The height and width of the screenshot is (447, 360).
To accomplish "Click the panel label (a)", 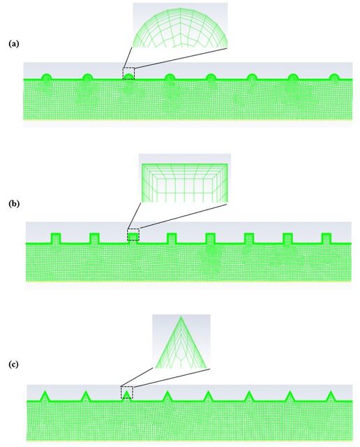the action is coord(14,43).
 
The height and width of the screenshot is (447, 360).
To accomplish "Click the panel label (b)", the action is coord(14,203).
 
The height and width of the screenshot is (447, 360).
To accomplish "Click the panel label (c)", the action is coord(13,364).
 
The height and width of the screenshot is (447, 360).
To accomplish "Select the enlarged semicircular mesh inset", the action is coord(180,25).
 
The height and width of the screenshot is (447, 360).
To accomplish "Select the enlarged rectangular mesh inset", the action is coord(185,179).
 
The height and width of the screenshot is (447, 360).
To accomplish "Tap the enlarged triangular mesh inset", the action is coord(181,342).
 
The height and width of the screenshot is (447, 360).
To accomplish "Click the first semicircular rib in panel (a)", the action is coord(46,77).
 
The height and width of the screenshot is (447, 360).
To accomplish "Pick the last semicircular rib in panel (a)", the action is coord(334,77).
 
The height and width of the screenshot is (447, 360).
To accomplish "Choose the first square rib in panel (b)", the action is coord(56,238).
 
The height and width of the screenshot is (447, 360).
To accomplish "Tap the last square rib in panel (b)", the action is coord(327,238).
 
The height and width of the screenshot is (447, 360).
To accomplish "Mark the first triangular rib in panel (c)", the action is coord(45,397).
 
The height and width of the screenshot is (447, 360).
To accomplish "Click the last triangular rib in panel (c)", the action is coord(331,397).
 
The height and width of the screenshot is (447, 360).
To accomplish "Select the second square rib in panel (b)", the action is coord(95,238).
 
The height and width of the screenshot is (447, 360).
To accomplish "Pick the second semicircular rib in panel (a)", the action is coord(87,77).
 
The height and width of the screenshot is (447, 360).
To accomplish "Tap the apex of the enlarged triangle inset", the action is coord(181,316).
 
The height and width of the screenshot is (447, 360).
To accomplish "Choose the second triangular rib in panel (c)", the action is coord(85,397).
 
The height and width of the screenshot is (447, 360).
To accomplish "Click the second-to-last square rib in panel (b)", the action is coord(287,238).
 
